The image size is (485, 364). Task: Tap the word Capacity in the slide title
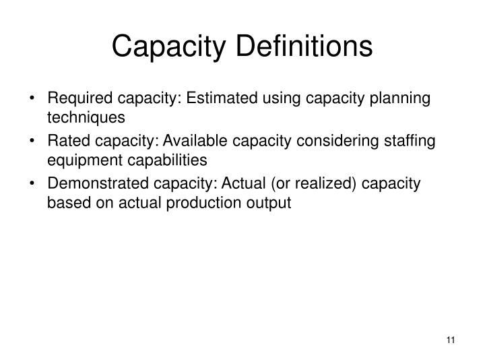coord(162,47)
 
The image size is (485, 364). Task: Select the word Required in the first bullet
coord(75,98)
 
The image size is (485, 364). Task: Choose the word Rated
coord(65,142)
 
